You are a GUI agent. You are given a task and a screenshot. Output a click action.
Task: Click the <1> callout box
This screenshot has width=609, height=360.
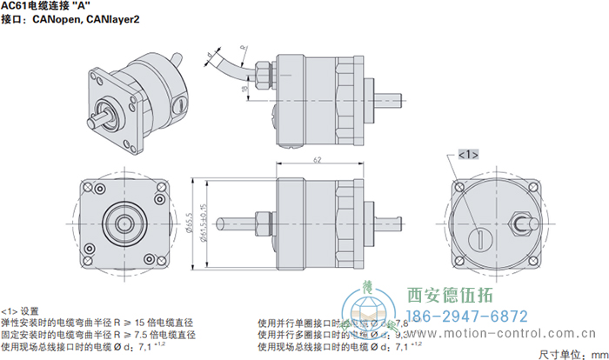(466, 154)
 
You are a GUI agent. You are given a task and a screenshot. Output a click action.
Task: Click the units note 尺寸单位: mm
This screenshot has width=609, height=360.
(569, 353)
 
